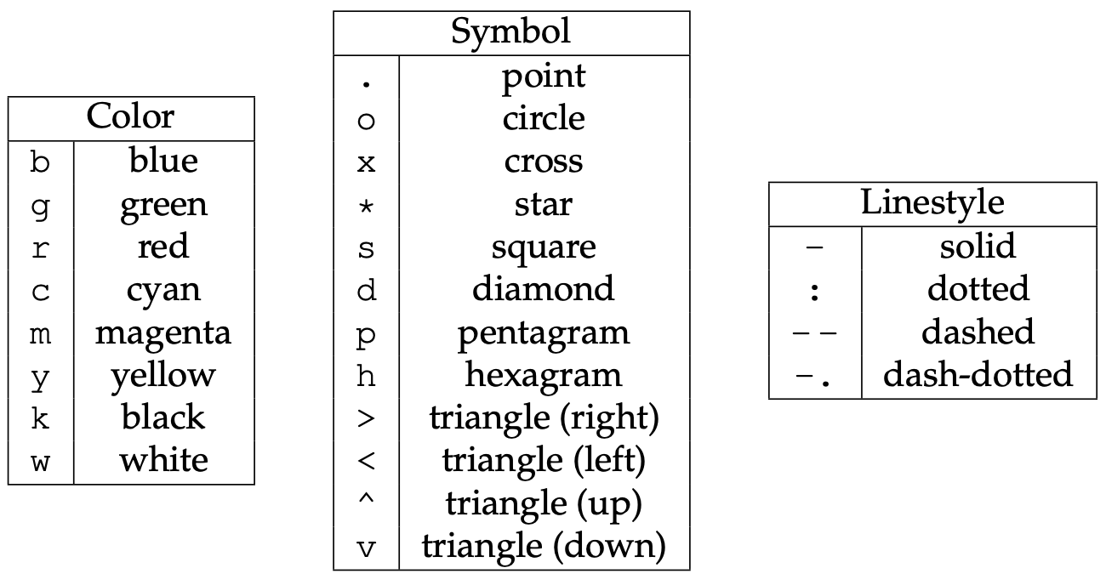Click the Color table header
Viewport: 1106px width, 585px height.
tap(131, 117)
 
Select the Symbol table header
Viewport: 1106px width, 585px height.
tap(510, 32)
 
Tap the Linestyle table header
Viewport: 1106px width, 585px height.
tap(932, 203)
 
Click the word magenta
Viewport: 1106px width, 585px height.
tap(163, 332)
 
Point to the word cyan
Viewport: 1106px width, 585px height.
tap(163, 290)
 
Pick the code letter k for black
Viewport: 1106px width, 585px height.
tap(41, 418)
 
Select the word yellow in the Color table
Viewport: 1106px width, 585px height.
tap(163, 375)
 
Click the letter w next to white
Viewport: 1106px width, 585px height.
tap(41, 463)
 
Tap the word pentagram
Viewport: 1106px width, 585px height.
tap(544, 332)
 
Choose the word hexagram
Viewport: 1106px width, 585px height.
tap(544, 375)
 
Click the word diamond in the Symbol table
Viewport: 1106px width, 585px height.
tap(544, 289)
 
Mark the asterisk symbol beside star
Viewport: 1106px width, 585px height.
tap(366, 205)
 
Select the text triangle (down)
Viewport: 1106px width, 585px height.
tap(544, 546)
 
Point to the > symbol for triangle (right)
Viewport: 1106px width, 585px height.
tap(366, 418)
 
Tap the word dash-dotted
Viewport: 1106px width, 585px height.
tap(978, 375)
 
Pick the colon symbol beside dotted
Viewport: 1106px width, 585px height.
tap(815, 291)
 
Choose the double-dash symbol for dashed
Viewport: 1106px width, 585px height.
tap(815, 332)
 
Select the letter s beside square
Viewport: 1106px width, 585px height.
tap(366, 248)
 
